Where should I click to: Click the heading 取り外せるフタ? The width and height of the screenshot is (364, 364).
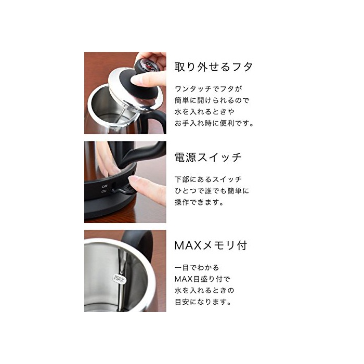tap(213, 67)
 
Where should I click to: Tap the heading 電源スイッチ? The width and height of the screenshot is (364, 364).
tap(208, 157)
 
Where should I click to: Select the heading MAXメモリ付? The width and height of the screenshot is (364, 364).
tap(211, 245)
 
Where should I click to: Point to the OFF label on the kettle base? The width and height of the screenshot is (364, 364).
tap(105, 186)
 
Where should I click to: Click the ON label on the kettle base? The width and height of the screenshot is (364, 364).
tap(104, 191)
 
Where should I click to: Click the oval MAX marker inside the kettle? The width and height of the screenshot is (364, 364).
tap(119, 279)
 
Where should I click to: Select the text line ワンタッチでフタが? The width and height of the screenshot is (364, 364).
tap(208, 89)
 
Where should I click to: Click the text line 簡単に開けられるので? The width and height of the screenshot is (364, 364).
tap(212, 100)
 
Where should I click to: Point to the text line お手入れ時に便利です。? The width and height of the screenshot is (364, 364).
tap(214, 123)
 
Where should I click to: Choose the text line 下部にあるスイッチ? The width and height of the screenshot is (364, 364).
tap(205, 179)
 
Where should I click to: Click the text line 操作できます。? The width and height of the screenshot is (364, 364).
tap(199, 202)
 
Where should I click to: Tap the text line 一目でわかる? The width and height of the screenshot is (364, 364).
tap(197, 267)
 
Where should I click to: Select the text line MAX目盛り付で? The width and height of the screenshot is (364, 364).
tap(202, 279)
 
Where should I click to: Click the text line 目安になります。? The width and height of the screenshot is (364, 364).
tap(203, 302)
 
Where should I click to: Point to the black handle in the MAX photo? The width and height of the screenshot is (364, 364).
tap(139, 246)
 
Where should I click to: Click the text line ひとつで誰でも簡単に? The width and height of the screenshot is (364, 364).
tap(212, 191)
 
